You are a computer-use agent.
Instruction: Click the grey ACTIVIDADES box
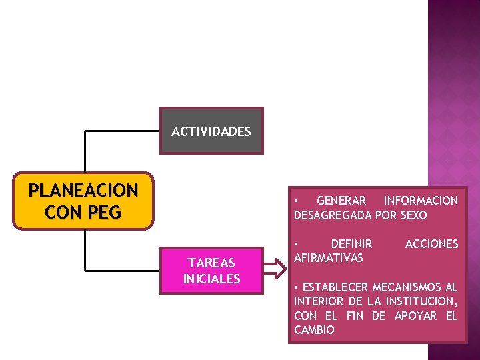point(211,131)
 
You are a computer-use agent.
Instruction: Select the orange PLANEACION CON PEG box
point(83,201)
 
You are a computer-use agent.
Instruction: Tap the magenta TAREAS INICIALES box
point(211,271)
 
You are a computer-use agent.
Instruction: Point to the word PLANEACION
point(83,191)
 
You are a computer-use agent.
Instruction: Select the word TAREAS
point(211,263)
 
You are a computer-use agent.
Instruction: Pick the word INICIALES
point(211,279)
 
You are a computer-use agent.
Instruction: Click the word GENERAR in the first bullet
point(341,201)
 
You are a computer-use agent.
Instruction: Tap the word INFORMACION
point(421,201)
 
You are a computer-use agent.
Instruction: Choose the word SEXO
point(413,215)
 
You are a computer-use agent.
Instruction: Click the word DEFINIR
point(351,244)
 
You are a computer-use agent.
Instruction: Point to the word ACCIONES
point(431,244)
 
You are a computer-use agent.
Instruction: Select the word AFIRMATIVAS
point(328,258)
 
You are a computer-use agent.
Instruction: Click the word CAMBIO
point(314,330)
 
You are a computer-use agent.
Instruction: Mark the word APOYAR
point(415,316)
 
